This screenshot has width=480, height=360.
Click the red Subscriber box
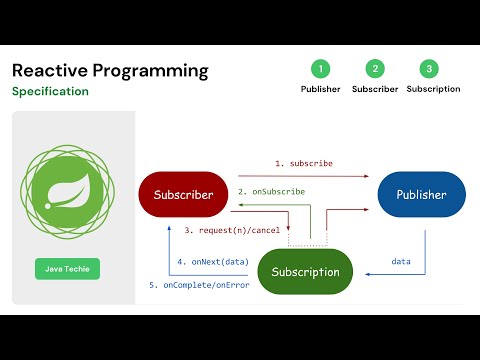pyautogui.click(x=183, y=195)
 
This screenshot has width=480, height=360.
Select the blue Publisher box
pyautogui.click(x=421, y=195)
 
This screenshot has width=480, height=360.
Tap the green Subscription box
pyautogui.click(x=305, y=271)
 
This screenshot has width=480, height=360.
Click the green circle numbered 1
pyautogui.click(x=320, y=69)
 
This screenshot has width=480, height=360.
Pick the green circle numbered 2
pyautogui.click(x=375, y=69)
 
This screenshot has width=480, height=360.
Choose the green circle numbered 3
pyautogui.click(x=429, y=69)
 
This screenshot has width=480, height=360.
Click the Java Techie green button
pyautogui.click(x=67, y=269)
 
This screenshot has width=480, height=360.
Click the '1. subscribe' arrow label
pyautogui.click(x=304, y=162)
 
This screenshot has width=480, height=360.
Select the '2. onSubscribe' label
pyautogui.click(x=271, y=190)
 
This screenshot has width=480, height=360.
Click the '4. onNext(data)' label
pyautogui.click(x=212, y=262)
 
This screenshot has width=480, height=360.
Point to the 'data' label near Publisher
pyautogui.click(x=400, y=261)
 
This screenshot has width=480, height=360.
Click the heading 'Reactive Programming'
pyautogui.click(x=110, y=71)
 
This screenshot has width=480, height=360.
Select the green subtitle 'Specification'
pyautogui.click(x=50, y=91)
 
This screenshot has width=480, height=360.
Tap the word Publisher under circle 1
pyautogui.click(x=320, y=89)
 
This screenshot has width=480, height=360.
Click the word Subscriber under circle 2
pyautogui.click(x=375, y=89)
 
